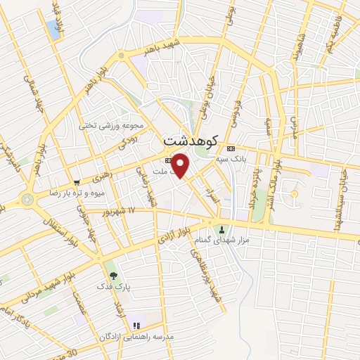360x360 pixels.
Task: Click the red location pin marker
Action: click(x=181, y=165)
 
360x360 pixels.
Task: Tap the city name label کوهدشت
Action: click(x=191, y=141)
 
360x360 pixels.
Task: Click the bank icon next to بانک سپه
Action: click(x=231, y=148)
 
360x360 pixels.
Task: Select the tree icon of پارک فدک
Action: click(x=112, y=275)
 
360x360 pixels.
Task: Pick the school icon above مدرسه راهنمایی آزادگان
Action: click(x=136, y=326)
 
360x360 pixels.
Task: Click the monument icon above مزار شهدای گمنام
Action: click(x=222, y=229)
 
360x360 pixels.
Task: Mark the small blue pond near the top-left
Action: click(x=53, y=30)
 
